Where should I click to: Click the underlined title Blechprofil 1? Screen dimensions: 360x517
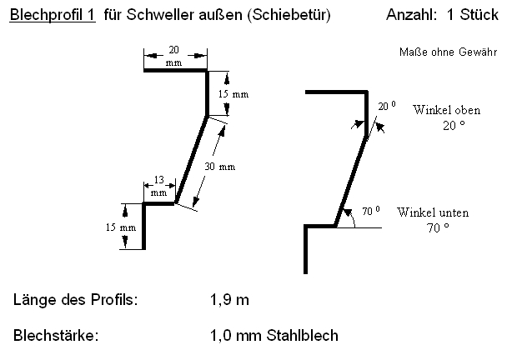tap(52, 15)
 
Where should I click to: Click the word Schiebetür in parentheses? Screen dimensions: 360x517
tap(292, 15)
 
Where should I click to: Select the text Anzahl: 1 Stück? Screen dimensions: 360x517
tap(442, 15)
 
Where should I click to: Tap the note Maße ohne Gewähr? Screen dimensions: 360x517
tap(449, 52)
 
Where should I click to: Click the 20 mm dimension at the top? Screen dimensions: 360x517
tap(173, 56)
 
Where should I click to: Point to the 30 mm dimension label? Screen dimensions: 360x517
tap(219, 166)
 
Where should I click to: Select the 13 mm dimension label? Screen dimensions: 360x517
tap(158, 186)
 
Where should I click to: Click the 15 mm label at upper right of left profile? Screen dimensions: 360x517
tap(233, 94)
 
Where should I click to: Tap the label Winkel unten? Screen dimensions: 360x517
tap(434, 212)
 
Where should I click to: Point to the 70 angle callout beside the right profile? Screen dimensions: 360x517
tap(371, 210)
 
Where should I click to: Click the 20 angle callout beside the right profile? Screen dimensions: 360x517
tap(386, 107)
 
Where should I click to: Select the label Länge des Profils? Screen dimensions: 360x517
tap(76, 299)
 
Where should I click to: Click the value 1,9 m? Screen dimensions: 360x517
tap(229, 299)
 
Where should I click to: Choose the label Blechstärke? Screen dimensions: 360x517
tap(56, 336)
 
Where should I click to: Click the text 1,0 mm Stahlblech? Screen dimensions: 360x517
tap(274, 336)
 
